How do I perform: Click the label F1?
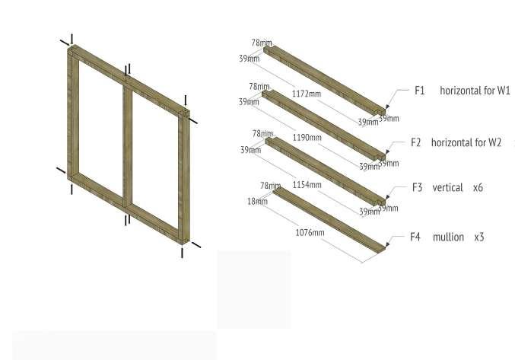click(x=419, y=91)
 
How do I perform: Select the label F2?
click(x=415, y=142)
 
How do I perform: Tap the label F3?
click(x=417, y=187)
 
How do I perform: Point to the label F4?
click(x=415, y=237)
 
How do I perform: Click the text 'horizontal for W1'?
click(x=475, y=91)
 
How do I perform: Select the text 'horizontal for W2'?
click(x=466, y=142)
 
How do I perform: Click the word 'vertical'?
click(x=447, y=187)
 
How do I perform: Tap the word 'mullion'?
click(x=448, y=237)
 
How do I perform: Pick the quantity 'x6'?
click(x=478, y=187)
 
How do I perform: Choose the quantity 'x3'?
click(x=479, y=237)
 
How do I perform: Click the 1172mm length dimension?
click(x=307, y=94)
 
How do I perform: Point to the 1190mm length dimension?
click(x=307, y=139)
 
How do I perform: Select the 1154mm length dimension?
click(x=307, y=185)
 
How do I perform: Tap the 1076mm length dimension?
click(x=310, y=232)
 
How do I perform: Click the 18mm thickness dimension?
click(x=256, y=202)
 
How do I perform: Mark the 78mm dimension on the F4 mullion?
click(x=270, y=186)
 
